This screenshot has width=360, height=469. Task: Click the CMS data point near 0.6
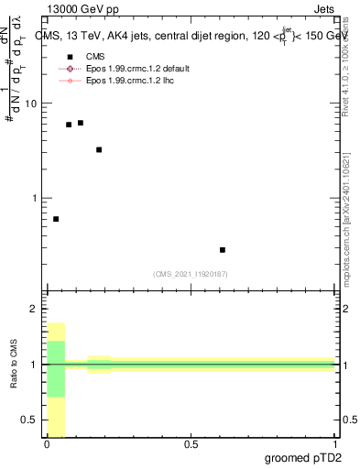[x=223, y=249]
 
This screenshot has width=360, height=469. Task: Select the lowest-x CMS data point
[x=56, y=219]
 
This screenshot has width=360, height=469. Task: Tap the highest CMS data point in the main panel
[x=81, y=123]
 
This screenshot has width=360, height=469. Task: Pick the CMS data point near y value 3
[x=99, y=149]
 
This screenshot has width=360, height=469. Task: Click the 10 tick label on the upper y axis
[x=31, y=104]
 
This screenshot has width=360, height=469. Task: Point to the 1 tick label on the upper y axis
[x=34, y=198]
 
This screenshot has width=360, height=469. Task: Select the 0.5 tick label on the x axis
[x=191, y=444]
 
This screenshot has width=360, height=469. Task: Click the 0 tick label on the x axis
[x=47, y=444]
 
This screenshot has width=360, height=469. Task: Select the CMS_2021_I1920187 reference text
[x=191, y=274]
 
